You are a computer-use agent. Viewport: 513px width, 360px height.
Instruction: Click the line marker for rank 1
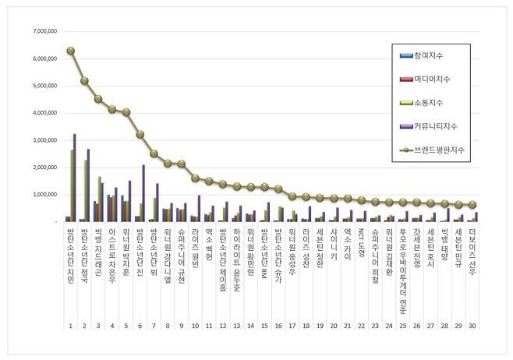pyautogui.click(x=70, y=51)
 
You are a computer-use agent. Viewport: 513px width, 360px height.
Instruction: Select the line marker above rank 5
pyautogui.click(x=126, y=112)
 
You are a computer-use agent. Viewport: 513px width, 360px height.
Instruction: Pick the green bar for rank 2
pyautogui.click(x=86, y=191)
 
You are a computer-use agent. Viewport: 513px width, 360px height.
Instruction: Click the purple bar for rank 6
pyautogui.click(x=143, y=193)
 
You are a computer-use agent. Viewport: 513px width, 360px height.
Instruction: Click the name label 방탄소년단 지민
pyautogui.click(x=70, y=256)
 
